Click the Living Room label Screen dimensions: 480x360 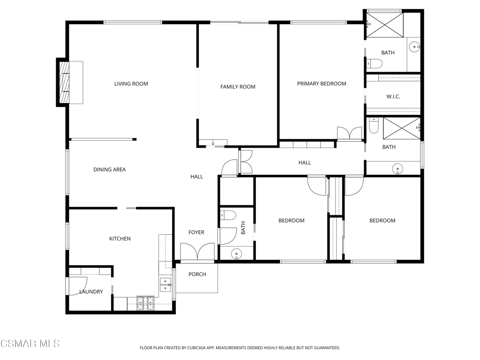[x=131, y=83]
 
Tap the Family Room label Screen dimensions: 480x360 [x=238, y=87]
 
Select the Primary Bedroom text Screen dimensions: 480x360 [x=322, y=83]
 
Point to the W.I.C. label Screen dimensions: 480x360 [x=393, y=97]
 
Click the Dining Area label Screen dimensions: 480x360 [x=110, y=170]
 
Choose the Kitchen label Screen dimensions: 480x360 [x=120, y=239]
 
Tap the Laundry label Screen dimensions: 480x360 [x=91, y=292]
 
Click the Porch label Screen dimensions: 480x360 [x=197, y=274]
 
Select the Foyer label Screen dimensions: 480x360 [x=196, y=232]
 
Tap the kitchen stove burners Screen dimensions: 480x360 [x=145, y=303]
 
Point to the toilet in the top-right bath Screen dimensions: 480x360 [x=375, y=64]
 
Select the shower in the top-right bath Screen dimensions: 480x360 [x=385, y=25]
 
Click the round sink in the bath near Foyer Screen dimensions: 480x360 [x=236, y=254]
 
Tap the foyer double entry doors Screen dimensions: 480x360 [x=197, y=252]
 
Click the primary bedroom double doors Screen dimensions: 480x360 [x=349, y=134]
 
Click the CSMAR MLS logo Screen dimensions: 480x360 [x=30, y=344]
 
